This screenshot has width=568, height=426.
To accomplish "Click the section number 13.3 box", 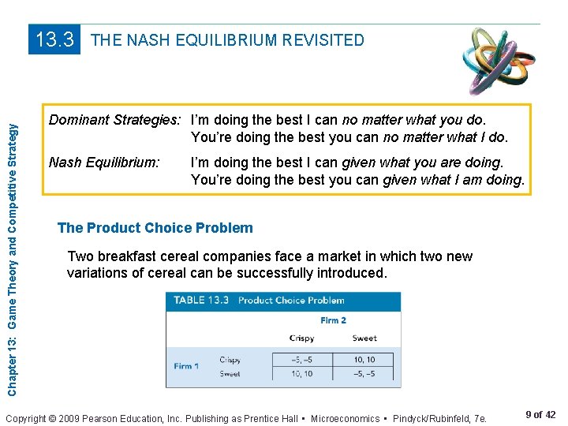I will click(55, 39).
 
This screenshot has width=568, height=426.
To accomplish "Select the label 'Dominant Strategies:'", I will click(115, 120).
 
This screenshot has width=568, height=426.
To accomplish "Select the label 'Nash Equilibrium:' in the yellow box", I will click(104, 163).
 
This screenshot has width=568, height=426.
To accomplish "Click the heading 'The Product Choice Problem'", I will click(155, 228).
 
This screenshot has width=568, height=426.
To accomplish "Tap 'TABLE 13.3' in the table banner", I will click(200, 301).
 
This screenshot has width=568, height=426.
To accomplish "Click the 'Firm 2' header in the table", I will click(333, 320).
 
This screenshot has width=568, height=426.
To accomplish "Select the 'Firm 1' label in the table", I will click(187, 366).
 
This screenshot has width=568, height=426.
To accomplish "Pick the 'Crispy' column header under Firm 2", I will click(301, 338).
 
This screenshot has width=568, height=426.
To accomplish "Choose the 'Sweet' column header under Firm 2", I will click(364, 338).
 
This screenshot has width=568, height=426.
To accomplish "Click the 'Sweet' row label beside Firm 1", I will click(230, 374).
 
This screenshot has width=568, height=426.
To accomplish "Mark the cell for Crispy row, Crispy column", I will click(301, 360).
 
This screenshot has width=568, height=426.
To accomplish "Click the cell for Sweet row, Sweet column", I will click(364, 374).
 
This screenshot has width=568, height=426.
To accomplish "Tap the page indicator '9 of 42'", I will click(540, 415).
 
